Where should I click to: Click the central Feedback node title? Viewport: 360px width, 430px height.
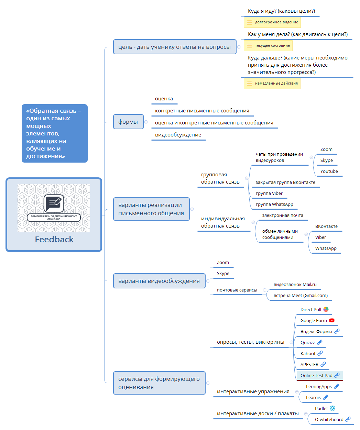click(x=54, y=240)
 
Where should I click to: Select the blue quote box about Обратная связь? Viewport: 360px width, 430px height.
click(x=54, y=133)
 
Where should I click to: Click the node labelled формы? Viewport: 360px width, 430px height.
click(x=128, y=122)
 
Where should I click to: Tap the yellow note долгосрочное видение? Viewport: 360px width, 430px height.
click(x=272, y=22)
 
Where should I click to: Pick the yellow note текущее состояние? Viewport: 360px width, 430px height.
click(x=268, y=46)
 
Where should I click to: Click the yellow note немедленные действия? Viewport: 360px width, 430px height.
click(x=272, y=84)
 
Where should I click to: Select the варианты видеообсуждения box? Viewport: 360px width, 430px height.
click(x=159, y=281)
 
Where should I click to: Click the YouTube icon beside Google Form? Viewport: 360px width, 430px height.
click(x=331, y=320)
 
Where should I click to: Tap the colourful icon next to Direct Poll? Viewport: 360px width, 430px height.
click(x=326, y=309)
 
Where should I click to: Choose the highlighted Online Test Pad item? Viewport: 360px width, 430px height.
click(x=317, y=375)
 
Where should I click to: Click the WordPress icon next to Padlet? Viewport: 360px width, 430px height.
click(x=332, y=408)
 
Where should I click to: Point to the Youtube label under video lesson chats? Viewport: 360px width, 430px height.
click(x=329, y=172)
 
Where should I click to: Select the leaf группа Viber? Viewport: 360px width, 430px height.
click(x=269, y=194)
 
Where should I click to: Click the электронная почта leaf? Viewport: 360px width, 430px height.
click(x=283, y=216)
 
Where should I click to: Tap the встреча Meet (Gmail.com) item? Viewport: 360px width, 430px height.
click(x=301, y=296)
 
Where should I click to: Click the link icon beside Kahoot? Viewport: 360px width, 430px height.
click(x=320, y=353)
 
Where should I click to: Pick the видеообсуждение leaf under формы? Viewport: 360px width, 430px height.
click(x=178, y=135)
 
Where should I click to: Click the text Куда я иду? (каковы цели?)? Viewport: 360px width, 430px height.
click(x=281, y=11)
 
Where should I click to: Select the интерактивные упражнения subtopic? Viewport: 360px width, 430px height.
click(x=253, y=392)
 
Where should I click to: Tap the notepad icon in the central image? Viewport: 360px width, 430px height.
click(x=54, y=203)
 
